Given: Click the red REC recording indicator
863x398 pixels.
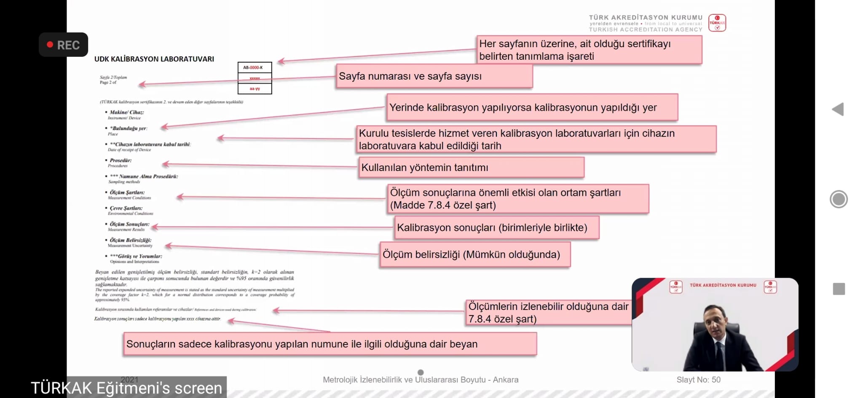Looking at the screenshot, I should coord(63,45).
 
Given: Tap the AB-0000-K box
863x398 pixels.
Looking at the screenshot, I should coord(255,67).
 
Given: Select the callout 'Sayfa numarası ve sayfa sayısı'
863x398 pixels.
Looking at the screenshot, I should coord(434,76).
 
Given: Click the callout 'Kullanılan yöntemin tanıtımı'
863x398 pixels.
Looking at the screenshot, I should coord(471,168).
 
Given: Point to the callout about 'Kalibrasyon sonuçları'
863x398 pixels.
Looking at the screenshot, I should coord(496,227).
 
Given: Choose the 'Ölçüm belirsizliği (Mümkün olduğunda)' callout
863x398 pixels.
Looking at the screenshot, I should coord(474,254).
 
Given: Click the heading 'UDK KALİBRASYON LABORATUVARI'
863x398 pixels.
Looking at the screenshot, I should coord(154,59).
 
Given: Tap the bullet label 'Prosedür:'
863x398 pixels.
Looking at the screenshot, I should coord(121,160).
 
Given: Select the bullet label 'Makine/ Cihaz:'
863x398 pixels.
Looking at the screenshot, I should coord(126,112).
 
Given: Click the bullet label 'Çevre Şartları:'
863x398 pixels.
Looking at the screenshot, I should coord(126,208).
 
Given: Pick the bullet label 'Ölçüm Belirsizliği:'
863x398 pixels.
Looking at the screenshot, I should coord(130,240).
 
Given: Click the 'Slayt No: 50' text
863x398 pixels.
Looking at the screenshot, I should coord(698,379).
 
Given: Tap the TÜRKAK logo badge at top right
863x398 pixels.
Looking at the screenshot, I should coord(717,23).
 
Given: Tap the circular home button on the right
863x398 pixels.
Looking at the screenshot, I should coord(838,199).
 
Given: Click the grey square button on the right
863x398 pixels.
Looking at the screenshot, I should coord(839,289).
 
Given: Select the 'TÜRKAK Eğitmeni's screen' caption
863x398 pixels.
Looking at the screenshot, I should coord(126,388).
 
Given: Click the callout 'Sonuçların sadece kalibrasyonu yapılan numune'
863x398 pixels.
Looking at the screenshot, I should coord(330,344).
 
